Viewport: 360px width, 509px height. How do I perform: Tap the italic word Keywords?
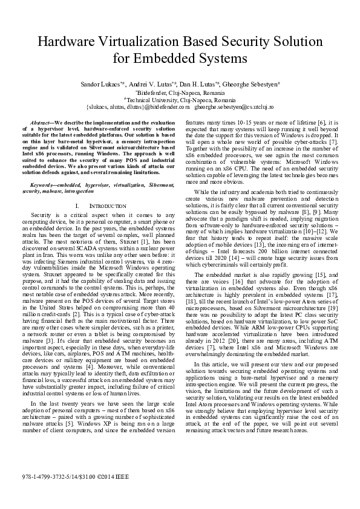pyautogui.click(x=44, y=183)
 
